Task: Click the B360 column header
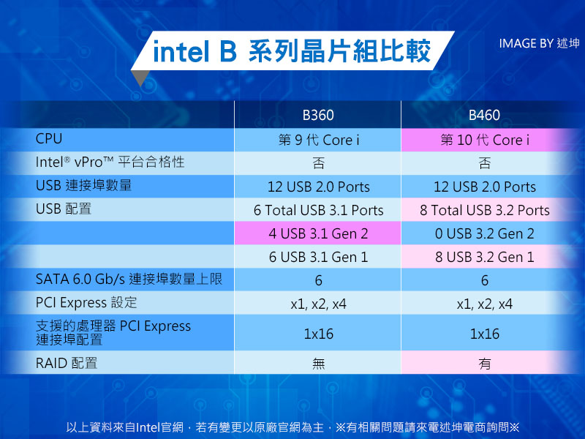click(318, 115)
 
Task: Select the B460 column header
click(484, 115)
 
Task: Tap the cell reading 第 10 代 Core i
click(485, 140)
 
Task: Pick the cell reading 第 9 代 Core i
click(319, 140)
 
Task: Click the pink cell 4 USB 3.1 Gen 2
click(318, 233)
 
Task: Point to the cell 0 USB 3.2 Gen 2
click(485, 233)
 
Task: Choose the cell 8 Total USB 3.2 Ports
click(485, 210)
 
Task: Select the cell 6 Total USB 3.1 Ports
click(318, 210)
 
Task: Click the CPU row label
click(49, 138)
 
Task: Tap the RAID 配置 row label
click(67, 363)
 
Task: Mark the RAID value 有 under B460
click(485, 363)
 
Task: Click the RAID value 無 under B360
click(319, 363)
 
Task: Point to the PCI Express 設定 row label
click(86, 302)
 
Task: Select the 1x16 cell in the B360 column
click(318, 334)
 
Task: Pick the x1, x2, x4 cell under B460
click(485, 304)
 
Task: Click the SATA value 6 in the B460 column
click(485, 280)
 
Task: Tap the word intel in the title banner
click(181, 51)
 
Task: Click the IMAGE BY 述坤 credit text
click(539, 43)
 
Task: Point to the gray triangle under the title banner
click(140, 78)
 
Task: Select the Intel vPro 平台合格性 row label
click(110, 162)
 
